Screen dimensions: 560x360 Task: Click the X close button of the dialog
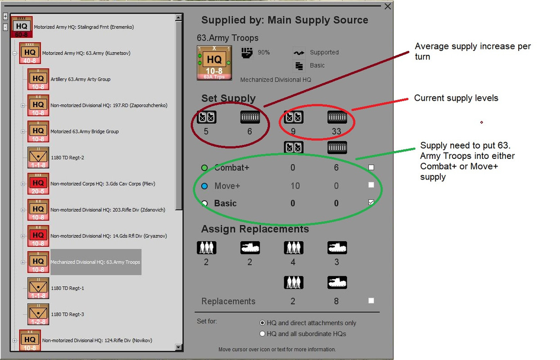pos(388,6)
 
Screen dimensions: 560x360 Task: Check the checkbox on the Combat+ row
pos(371,167)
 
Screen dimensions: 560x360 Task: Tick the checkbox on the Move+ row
pos(371,185)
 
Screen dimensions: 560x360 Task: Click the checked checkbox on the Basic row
pos(371,202)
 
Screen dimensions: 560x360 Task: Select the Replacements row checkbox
pos(371,301)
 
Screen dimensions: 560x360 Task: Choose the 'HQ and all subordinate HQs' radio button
pos(262,334)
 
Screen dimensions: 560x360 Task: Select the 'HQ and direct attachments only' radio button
pos(262,323)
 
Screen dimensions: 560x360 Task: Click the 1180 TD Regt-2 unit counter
pos(38,157)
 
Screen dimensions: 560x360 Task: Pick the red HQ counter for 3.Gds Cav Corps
pos(38,184)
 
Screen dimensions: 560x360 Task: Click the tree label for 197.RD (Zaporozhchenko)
pos(109,105)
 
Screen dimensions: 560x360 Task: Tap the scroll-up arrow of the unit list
pos(179,17)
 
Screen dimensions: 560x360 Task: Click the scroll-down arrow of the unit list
pos(179,347)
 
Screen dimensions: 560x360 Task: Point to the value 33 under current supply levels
pos(337,131)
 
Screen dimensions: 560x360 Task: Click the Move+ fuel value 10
pos(295,186)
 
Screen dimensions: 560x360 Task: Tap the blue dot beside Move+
pos(204,186)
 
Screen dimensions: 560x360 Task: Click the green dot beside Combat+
pos(204,168)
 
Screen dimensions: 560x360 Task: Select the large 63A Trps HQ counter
pos(214,63)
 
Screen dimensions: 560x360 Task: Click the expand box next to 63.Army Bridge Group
pos(23,132)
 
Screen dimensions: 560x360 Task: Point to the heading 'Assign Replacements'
pos(255,229)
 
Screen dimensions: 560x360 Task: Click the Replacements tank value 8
pos(337,301)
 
